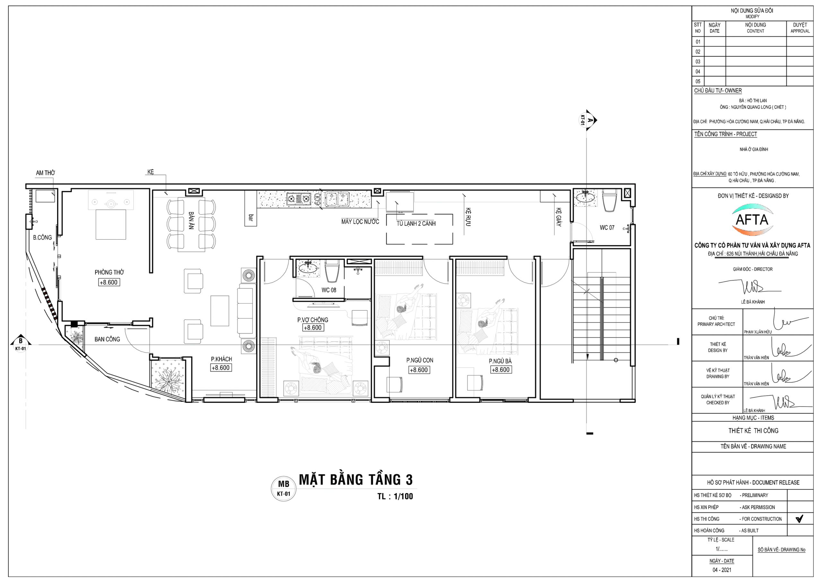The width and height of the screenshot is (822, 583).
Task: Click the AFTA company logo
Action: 752,220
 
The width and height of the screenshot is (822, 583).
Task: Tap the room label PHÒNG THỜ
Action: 109,273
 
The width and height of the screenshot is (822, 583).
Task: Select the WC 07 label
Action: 607,228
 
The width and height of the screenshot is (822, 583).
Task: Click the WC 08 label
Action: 329,290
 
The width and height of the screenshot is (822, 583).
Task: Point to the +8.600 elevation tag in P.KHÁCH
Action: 221,368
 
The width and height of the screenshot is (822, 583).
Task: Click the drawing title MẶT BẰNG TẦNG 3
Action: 356,480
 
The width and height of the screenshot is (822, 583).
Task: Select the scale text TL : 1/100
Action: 395,496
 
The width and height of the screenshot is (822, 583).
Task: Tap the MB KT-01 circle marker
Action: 284,489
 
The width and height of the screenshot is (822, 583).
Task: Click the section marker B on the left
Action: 21,343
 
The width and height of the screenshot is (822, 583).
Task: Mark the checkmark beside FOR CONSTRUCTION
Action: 799,519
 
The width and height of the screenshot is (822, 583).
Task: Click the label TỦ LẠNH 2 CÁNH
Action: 416,224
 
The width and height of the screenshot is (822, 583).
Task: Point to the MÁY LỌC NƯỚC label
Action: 360,222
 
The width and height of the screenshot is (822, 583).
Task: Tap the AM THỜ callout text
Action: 45,173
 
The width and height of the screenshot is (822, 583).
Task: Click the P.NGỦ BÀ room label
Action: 500,361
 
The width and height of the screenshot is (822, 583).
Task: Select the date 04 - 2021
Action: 722,570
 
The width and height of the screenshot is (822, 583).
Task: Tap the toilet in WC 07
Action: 609,201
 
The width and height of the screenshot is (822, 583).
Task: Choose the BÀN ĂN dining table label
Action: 191,220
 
